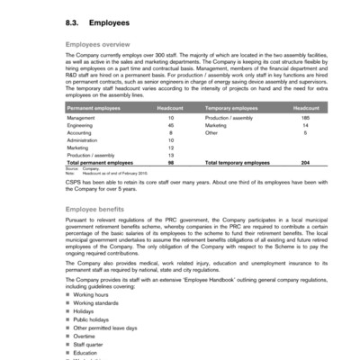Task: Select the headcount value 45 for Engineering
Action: (170, 125)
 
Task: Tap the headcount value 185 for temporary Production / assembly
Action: (305, 117)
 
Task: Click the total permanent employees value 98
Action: (170, 163)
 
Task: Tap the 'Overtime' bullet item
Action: (85, 335)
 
